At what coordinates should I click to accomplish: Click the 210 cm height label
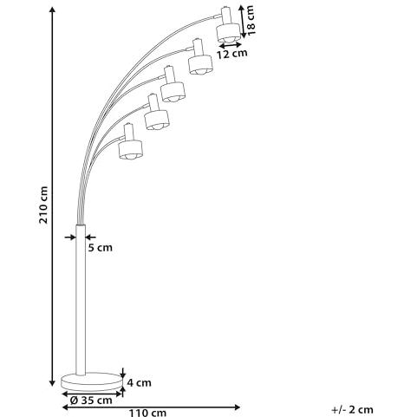pos(43,205)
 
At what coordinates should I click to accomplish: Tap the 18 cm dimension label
pos(250,20)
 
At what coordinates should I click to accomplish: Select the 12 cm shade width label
pos(232,54)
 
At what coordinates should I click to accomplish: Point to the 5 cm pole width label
pos(100,248)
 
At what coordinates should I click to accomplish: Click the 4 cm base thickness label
pos(139,382)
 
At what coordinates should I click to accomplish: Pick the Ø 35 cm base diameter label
pos(91,401)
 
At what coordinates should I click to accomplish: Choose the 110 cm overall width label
pos(147,413)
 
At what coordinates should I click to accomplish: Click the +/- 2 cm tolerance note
pos(353,409)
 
